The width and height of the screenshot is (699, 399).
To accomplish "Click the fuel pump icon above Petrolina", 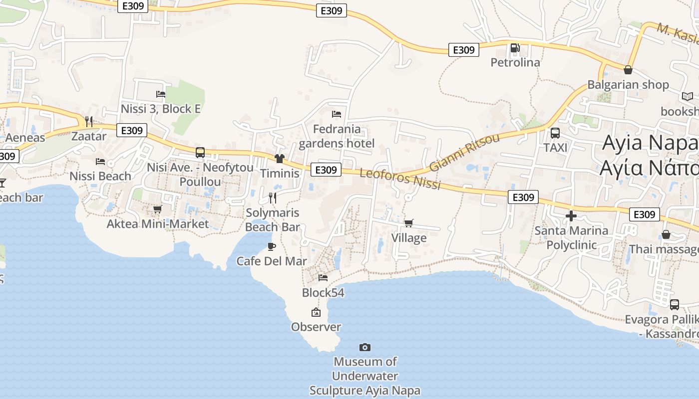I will coord(515,48).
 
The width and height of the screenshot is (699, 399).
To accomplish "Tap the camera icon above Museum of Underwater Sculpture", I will coord(365,347).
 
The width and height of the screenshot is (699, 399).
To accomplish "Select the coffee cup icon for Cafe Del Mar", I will coord(272,246).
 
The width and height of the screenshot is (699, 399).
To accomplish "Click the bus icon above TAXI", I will coord(555,133).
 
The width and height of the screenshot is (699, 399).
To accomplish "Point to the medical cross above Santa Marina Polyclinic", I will coord(571,216).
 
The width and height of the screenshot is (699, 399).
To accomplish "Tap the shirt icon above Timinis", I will coord(279,159).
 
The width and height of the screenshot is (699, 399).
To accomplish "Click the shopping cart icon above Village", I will coord(408,223).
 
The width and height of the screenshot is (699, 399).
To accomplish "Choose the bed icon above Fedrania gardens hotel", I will coord(337,114).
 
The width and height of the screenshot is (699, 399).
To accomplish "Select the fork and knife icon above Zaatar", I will coord(89,121).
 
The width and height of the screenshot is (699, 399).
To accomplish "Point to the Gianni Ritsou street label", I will coord(464,152).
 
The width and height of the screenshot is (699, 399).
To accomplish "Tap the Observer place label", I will coord(316,327).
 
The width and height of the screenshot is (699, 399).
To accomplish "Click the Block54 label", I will coord(323,293).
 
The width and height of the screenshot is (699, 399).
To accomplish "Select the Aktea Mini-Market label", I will coord(158,224).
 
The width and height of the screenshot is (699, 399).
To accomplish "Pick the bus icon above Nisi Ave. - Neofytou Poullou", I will coord(200,153).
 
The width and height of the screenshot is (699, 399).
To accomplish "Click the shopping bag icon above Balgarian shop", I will coord(628,70).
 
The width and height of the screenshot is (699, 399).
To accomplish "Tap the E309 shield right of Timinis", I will coord(326,170).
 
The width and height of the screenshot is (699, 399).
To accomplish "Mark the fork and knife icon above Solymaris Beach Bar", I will coord(273,198).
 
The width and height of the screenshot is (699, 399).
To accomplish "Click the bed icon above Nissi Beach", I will coord(100,162).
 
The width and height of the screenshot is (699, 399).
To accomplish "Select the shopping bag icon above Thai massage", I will coord(666,234).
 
